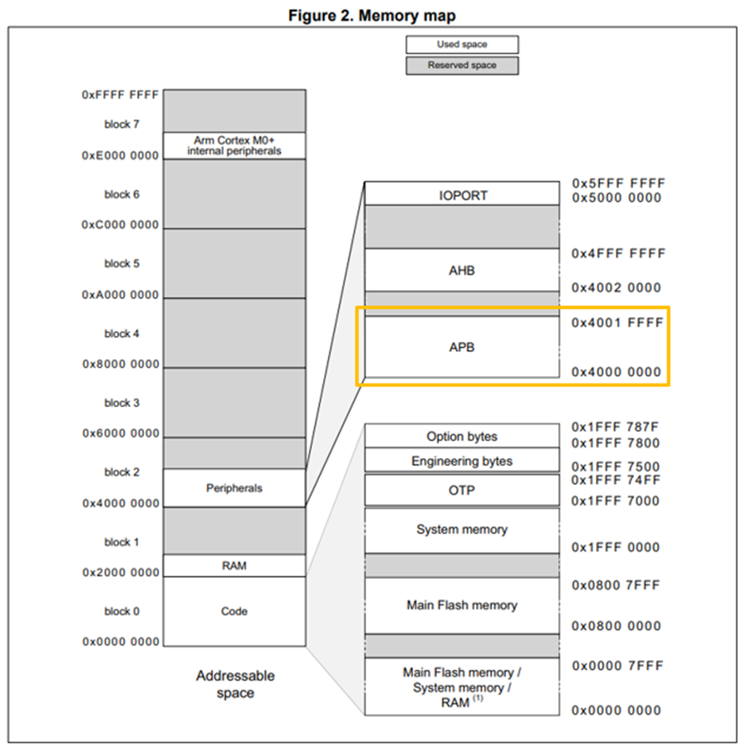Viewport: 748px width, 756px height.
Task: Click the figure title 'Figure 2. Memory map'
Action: (x=373, y=16)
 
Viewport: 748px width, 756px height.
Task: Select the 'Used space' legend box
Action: (x=462, y=45)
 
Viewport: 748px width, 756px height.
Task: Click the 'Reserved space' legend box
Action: (x=462, y=65)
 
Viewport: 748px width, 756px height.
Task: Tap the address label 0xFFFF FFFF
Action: (x=120, y=95)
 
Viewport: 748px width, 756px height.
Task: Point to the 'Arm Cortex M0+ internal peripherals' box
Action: (x=234, y=145)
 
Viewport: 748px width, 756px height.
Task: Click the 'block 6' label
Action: (x=122, y=194)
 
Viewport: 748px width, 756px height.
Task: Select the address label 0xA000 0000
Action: (x=120, y=295)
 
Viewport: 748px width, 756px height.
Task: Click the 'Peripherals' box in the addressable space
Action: (x=234, y=488)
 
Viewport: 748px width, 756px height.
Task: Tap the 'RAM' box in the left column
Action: (x=234, y=565)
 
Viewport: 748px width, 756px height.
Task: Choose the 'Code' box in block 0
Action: (x=234, y=611)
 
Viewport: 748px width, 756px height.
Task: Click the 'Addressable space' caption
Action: (x=236, y=684)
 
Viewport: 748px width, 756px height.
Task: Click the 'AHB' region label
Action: (x=462, y=270)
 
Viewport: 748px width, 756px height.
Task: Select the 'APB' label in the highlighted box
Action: (x=462, y=347)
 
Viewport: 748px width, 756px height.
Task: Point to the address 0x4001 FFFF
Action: (x=617, y=324)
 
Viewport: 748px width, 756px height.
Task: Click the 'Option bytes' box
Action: (x=462, y=436)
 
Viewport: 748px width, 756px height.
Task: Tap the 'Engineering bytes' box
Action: (x=462, y=461)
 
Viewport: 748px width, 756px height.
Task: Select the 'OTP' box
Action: (x=462, y=490)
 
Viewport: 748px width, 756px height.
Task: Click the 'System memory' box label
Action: (x=462, y=529)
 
